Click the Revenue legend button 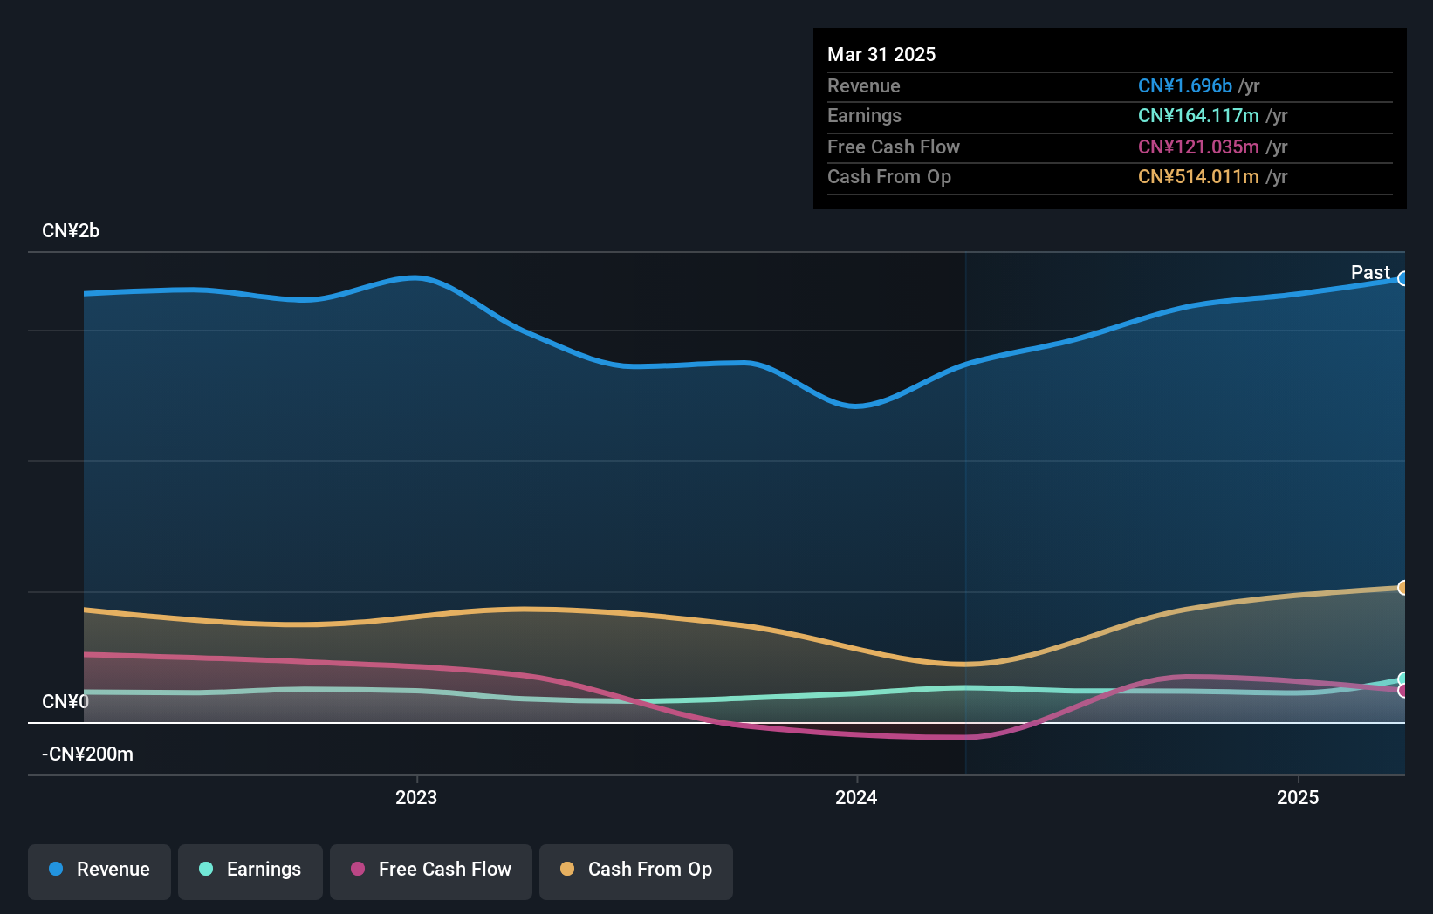99,870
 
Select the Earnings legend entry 250,870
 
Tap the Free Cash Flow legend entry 431,870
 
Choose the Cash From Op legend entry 636,870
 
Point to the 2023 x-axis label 416,797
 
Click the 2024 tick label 856,797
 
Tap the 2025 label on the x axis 1298,797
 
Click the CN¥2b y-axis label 71,231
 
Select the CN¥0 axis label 65,702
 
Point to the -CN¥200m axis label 87,754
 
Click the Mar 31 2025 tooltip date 881,55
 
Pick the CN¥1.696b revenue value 1184,86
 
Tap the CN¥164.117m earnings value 1197,116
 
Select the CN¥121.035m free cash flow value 1197,147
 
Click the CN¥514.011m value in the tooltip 1197,177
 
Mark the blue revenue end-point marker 1402,279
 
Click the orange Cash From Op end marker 1402,588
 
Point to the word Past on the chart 1370,273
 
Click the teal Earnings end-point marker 1402,679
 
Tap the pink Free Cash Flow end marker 1402,691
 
